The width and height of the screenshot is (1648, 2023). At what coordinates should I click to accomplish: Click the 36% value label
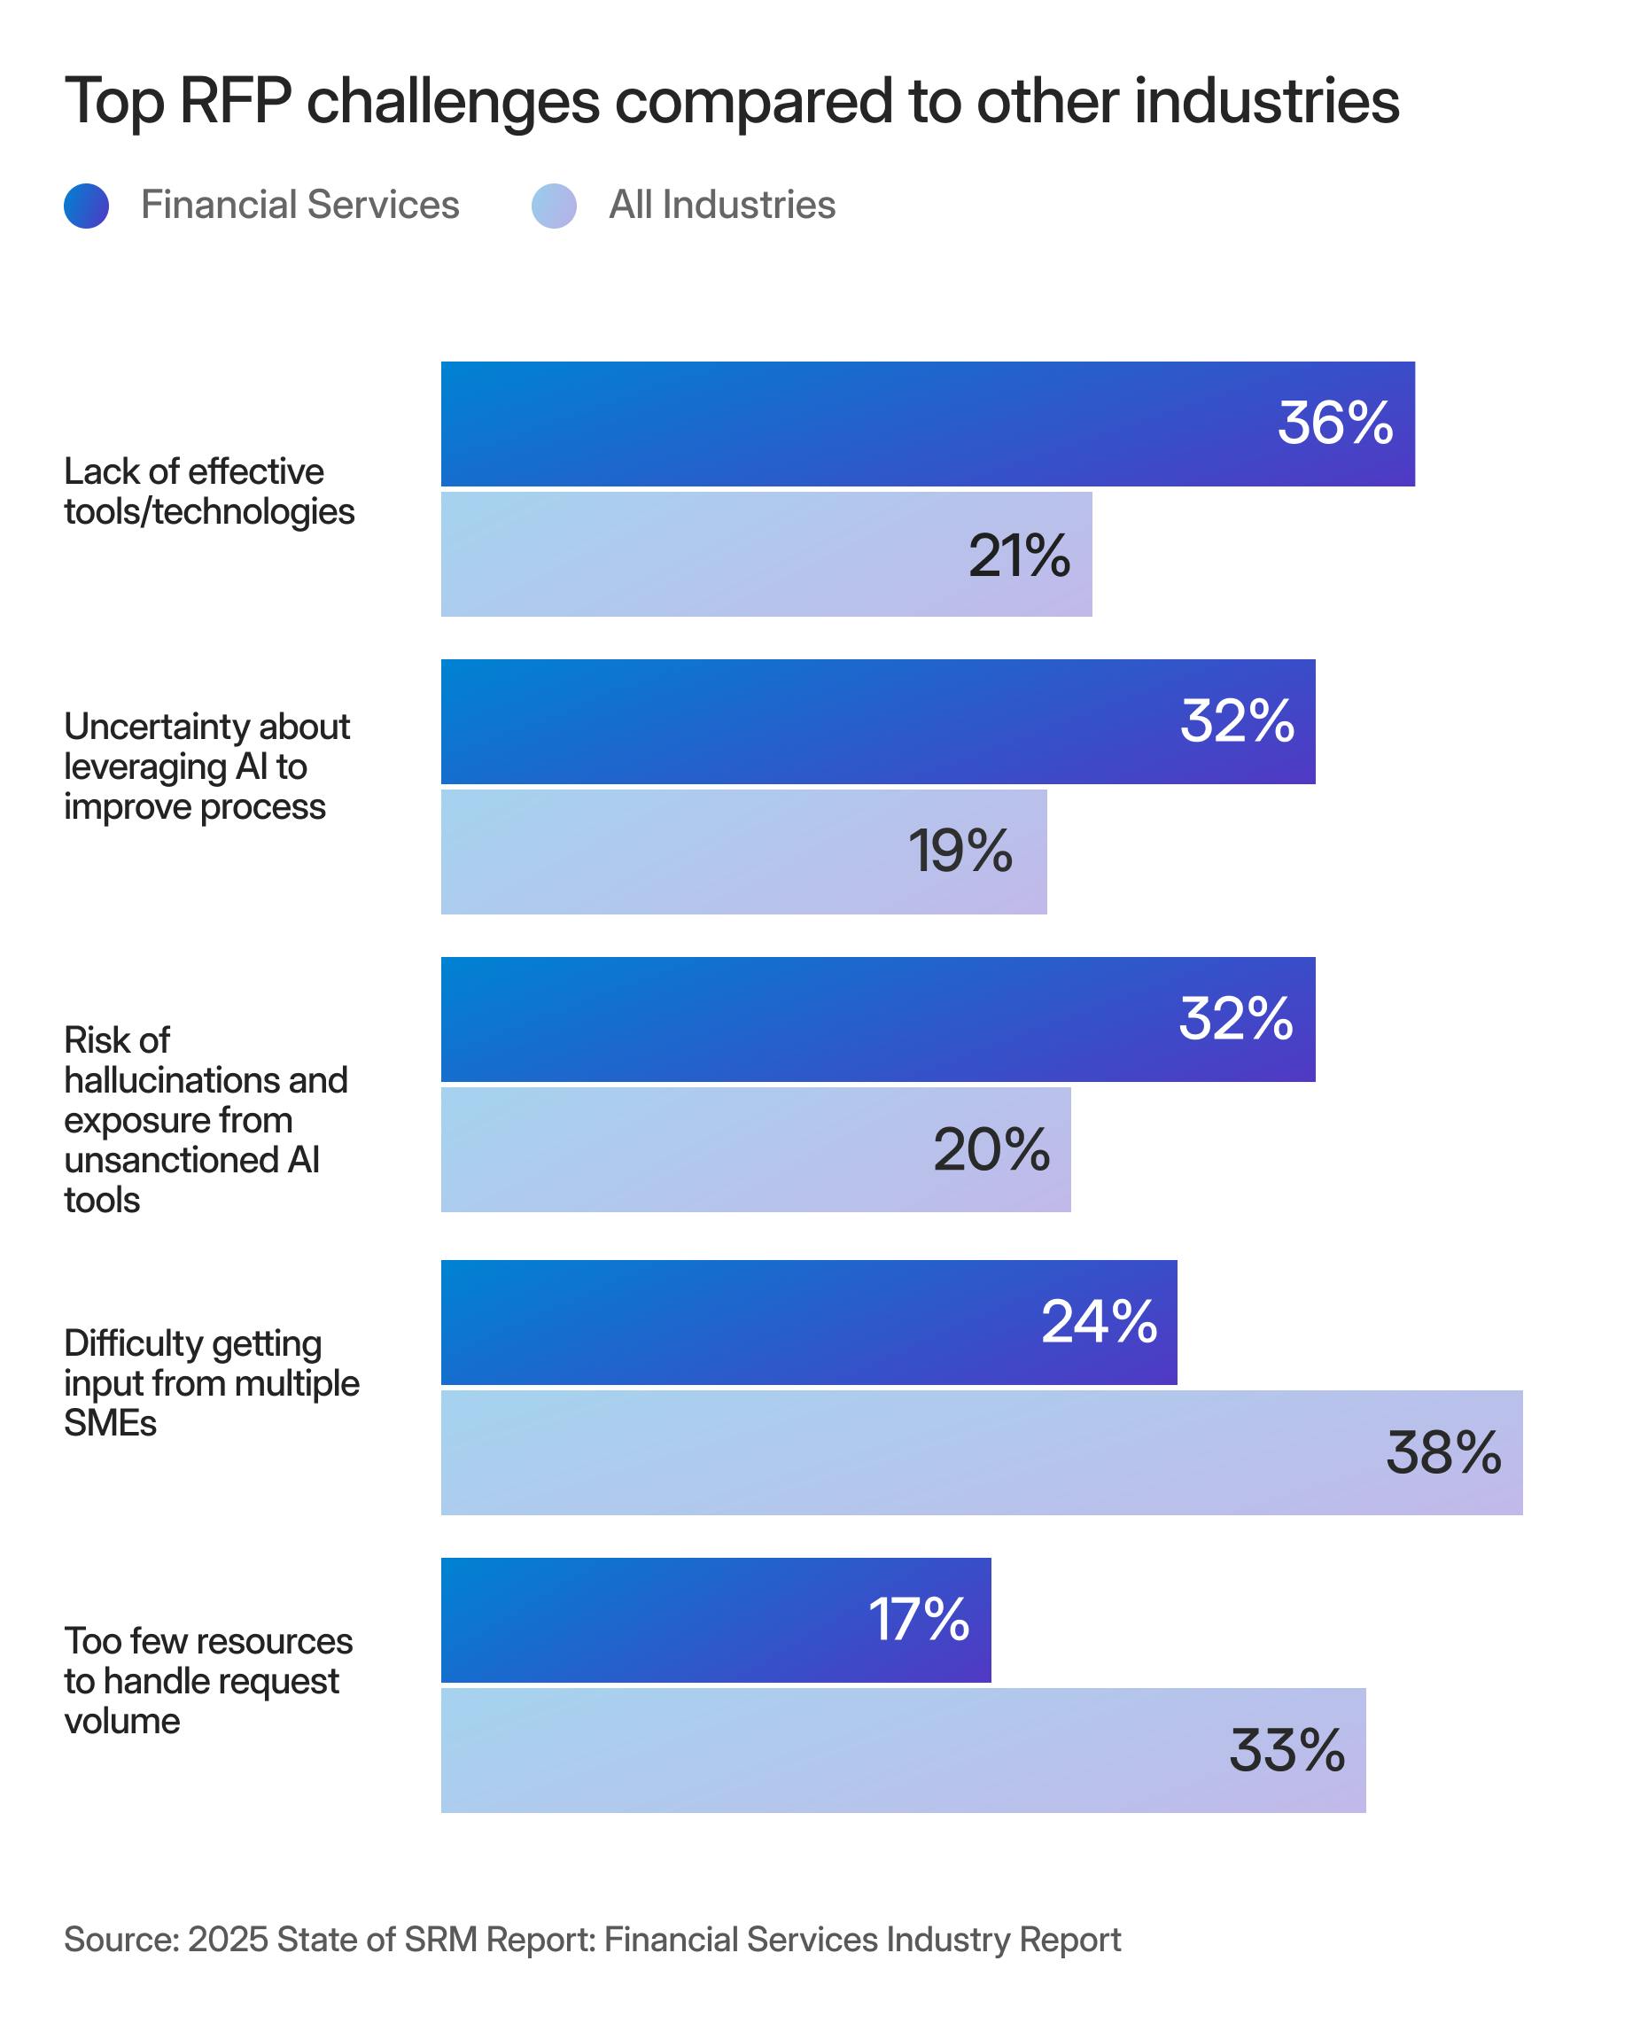(1333, 423)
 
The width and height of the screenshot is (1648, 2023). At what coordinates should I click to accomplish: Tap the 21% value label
(1019, 556)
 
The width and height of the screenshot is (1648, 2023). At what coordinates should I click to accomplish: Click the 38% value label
(1443, 1452)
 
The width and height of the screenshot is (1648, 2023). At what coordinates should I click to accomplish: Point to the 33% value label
(1287, 1749)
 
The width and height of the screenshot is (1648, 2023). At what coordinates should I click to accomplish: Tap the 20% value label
(991, 1149)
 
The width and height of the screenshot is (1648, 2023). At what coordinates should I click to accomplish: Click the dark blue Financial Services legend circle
(87, 206)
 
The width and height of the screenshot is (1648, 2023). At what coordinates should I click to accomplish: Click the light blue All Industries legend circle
(554, 206)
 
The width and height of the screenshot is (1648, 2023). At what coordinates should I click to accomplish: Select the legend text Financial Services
(300, 205)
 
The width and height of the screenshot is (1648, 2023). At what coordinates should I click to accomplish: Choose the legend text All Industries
(721, 205)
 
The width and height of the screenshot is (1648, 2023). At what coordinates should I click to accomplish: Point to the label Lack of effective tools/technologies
(209, 491)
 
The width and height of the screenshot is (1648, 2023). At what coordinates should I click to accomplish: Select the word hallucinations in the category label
(206, 1080)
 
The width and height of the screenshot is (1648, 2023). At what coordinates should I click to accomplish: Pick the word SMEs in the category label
(110, 1423)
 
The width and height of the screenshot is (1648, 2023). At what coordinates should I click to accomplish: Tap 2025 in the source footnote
(229, 1940)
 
